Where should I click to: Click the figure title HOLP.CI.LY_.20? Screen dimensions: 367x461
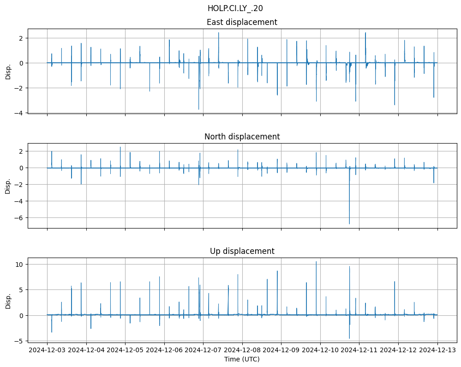tap(235, 8)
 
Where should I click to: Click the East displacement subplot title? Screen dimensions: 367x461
tap(242, 22)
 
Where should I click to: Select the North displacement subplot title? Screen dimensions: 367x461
tap(242, 137)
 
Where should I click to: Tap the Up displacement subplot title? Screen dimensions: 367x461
tap(242, 251)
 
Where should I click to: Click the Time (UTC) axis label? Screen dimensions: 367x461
tap(242, 359)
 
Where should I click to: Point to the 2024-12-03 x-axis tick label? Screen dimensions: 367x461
tap(47, 350)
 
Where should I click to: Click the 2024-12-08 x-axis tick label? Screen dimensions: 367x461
tap(242, 350)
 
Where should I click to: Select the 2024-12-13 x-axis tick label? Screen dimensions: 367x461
tap(437, 350)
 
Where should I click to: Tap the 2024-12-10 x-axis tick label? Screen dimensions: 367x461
tap(320, 350)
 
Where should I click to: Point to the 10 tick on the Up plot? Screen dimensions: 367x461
tap(20, 264)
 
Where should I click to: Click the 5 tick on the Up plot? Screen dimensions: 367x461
tap(22, 290)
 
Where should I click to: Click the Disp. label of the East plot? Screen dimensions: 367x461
tap(8, 71)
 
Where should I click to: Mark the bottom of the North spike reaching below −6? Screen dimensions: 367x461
tap(349, 224)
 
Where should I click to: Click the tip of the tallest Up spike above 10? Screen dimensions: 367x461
tap(316, 262)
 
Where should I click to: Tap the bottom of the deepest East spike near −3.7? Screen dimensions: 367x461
tap(198, 109)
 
